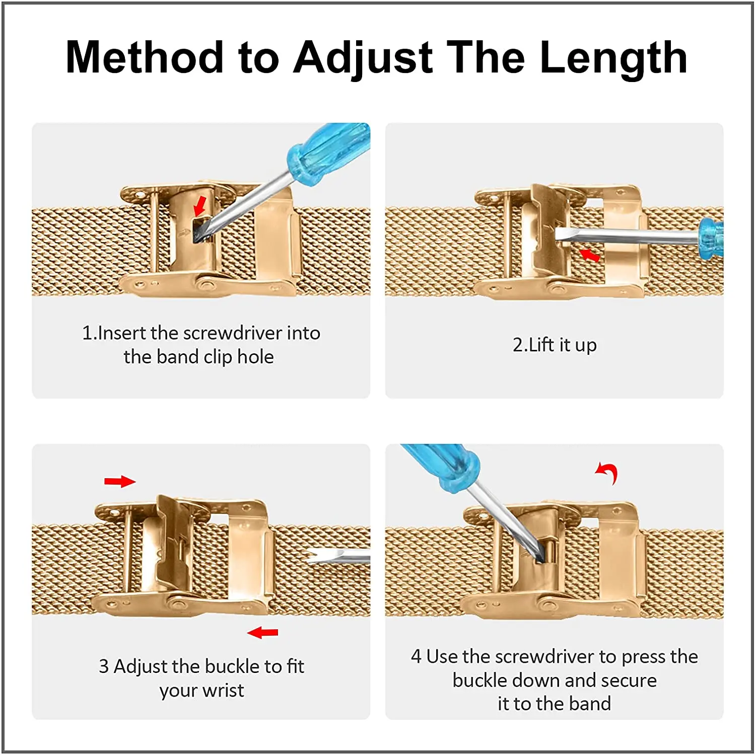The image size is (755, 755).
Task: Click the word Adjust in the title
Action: (x=363, y=58)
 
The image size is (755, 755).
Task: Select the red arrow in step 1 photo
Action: (x=200, y=205)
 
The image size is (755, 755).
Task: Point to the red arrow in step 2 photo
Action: (x=590, y=255)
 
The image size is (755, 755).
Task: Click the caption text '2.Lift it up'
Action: (x=554, y=345)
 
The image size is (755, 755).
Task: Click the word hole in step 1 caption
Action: (x=255, y=357)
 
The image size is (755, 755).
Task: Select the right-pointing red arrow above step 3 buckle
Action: (x=120, y=482)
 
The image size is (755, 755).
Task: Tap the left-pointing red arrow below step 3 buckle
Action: (x=263, y=632)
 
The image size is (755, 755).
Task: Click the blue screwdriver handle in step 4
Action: (x=443, y=466)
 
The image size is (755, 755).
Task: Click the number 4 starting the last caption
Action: (x=416, y=657)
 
